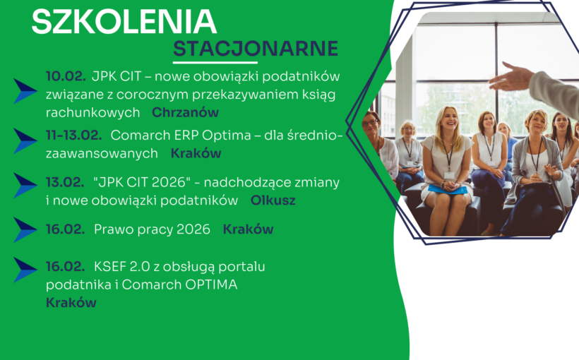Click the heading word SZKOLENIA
pyautogui.click(x=124, y=22)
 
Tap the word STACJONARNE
pyautogui.click(x=256, y=49)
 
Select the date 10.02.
pyautogui.click(x=66, y=76)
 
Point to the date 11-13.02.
pyautogui.click(x=74, y=135)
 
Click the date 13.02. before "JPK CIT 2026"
pyautogui.click(x=65, y=182)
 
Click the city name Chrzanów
pyautogui.click(x=185, y=112)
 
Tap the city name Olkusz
pyautogui.click(x=273, y=200)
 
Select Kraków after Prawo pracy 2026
pyautogui.click(x=248, y=229)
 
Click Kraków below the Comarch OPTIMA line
pyautogui.click(x=71, y=302)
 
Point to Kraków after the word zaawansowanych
pyautogui.click(x=196, y=153)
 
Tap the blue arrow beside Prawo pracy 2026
pyautogui.click(x=25, y=229)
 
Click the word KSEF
pyautogui.click(x=110, y=267)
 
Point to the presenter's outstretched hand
pyautogui.click(x=510, y=76)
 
